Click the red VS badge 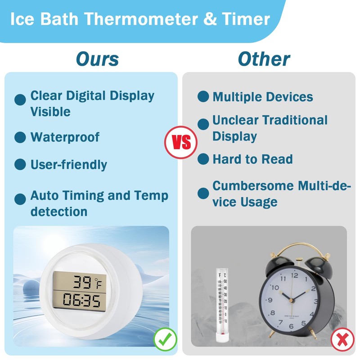click(x=180, y=142)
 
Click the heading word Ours click(x=97, y=59)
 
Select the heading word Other click(x=264, y=59)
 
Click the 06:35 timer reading click(x=82, y=300)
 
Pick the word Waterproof click(x=65, y=137)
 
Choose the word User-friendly click(x=68, y=165)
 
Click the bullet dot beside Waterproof click(x=20, y=138)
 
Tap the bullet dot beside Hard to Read click(x=203, y=159)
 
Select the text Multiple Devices click(x=262, y=97)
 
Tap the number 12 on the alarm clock click(x=295, y=276)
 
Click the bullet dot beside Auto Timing click(x=20, y=199)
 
